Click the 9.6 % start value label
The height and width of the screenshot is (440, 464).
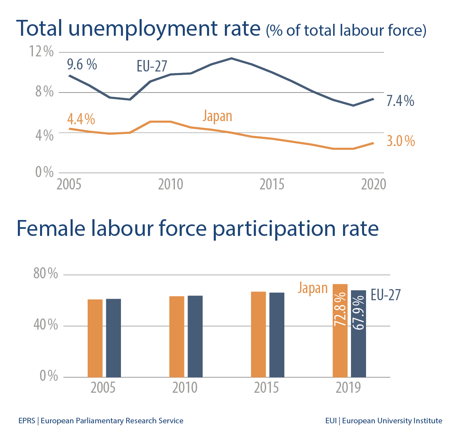[x=82, y=64]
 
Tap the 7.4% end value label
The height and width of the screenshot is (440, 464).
[x=400, y=101]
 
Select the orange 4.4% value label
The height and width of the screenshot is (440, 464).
[x=81, y=119]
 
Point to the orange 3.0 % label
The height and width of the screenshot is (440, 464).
[x=401, y=141]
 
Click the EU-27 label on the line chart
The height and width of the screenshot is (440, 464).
[x=152, y=66]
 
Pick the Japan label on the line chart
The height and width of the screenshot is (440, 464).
[x=217, y=116]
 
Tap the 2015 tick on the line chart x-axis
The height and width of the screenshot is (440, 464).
[x=272, y=184]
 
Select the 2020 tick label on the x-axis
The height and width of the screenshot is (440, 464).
[x=373, y=184]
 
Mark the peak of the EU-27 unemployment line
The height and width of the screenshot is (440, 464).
[x=232, y=58]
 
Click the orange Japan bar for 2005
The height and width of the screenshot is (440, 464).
[x=95, y=338]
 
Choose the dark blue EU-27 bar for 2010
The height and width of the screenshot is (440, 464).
[x=195, y=336]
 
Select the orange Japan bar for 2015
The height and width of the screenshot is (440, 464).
[x=259, y=334]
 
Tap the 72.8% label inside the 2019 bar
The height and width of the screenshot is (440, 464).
[x=340, y=310]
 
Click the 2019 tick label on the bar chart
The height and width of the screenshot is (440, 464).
[x=348, y=388]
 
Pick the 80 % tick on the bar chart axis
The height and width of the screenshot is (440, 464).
[x=45, y=274]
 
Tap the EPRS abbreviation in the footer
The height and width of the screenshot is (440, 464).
[x=27, y=421]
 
